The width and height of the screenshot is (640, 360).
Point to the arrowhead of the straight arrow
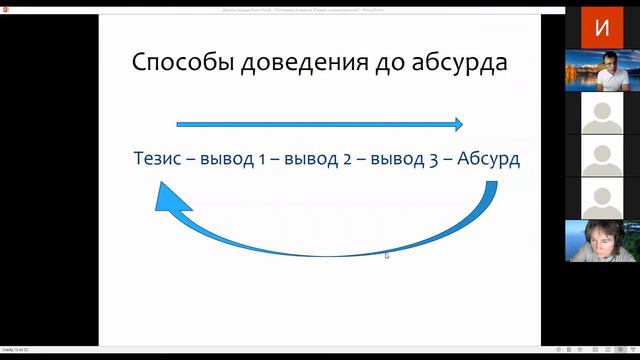coord(457,124)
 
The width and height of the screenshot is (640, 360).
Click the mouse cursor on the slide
coord(387,255)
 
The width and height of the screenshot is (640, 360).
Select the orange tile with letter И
coord(601,27)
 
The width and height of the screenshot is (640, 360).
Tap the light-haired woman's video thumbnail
coord(601,241)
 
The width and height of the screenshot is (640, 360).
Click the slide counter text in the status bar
coord(14,349)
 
